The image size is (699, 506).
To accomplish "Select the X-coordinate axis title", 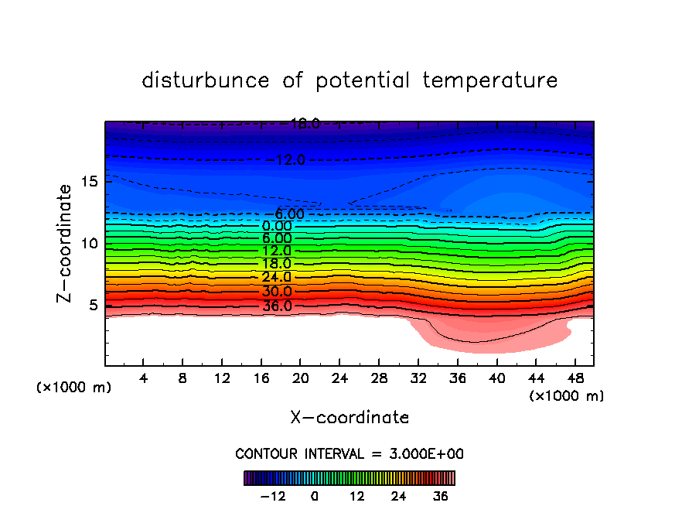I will (349, 418).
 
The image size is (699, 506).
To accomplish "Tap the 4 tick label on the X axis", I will (144, 378).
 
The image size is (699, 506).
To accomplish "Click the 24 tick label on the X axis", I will (339, 378).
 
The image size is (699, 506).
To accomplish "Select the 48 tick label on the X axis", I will (574, 378).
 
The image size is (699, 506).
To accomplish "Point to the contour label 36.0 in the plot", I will (277, 306).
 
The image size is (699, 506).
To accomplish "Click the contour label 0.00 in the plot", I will (277, 226).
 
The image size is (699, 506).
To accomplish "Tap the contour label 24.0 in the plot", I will (276, 277).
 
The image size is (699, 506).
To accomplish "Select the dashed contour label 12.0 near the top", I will (290, 160).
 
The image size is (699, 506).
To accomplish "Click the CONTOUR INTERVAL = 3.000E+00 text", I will (349, 453).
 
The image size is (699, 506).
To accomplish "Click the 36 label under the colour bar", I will (441, 497).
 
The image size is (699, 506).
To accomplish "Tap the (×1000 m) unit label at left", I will (74, 388).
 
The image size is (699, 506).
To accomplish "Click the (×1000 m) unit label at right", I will (567, 396).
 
